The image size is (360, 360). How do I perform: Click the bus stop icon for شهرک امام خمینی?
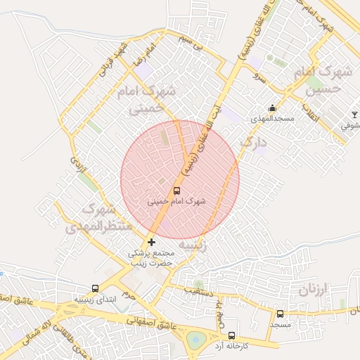[x=176, y=190]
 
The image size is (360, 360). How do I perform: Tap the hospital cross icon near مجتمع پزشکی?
[x=151, y=243]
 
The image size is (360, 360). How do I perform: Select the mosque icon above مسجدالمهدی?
[x=272, y=108]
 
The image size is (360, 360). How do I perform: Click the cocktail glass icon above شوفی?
[x=354, y=115]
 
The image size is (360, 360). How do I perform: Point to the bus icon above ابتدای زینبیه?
[x=95, y=288]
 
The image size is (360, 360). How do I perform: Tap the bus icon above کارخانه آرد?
[x=233, y=335]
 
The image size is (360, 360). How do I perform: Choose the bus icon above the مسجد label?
[x=280, y=314]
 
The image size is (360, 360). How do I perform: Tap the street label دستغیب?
[x=193, y=288]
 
